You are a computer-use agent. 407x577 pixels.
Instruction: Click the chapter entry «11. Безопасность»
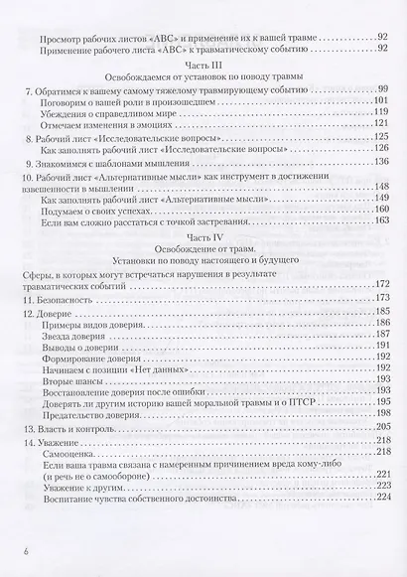point(66,298)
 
